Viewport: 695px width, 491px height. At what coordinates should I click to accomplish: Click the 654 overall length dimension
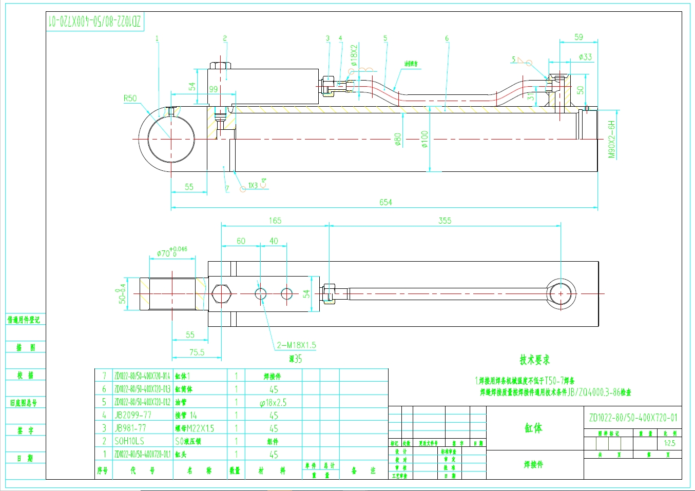coord(385,202)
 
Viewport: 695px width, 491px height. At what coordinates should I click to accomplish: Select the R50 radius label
coord(130,99)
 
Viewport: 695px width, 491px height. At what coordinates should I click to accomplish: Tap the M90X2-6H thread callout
coord(611,140)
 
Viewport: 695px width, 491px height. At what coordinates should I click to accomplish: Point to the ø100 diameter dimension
coord(424,139)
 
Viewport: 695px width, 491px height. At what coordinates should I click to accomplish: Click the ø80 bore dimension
coord(398,139)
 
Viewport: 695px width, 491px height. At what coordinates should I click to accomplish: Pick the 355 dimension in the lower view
coord(445,221)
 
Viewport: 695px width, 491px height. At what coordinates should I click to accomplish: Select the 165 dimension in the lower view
coord(275,221)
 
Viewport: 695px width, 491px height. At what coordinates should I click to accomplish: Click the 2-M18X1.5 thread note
coord(296,345)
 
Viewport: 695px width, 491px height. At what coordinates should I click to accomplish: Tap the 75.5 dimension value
coord(197,352)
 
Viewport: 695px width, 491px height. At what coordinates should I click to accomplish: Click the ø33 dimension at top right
coord(585,57)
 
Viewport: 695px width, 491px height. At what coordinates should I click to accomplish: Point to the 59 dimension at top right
coord(578,37)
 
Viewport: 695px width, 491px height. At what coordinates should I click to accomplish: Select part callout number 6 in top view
coord(447,38)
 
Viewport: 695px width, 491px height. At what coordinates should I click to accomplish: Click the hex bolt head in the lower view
coord(220,294)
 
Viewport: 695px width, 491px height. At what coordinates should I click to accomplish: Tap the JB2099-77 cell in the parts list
coord(132,415)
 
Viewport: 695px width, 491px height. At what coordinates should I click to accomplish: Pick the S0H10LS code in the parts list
coord(129,441)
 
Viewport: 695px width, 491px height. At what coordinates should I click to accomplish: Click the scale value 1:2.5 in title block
coord(669,443)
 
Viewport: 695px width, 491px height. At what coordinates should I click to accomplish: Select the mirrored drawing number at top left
coord(94,22)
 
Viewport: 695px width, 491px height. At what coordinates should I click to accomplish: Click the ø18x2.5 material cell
coord(273,403)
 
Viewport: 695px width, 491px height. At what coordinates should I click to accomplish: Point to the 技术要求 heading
coord(534,360)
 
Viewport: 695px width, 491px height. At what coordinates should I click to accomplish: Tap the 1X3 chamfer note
coord(253,185)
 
